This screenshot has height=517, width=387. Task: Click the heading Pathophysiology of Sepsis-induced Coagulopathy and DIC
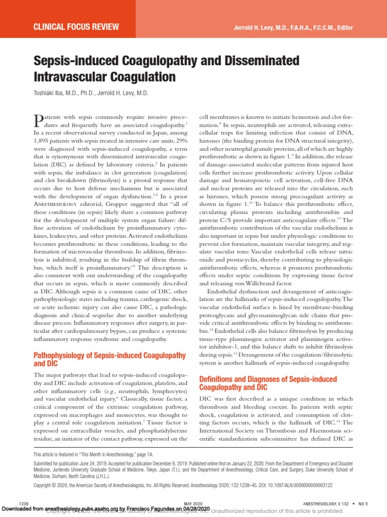109,359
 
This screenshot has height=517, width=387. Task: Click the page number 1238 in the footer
23,504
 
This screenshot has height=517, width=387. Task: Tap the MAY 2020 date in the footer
193,504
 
